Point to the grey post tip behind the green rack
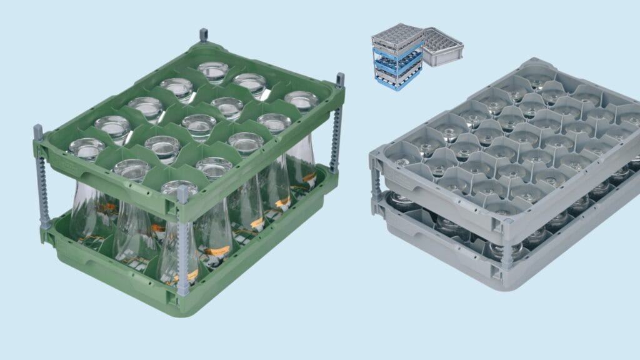tap(204, 35)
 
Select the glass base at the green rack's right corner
tap(301, 100)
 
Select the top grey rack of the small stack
tap(397, 36)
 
